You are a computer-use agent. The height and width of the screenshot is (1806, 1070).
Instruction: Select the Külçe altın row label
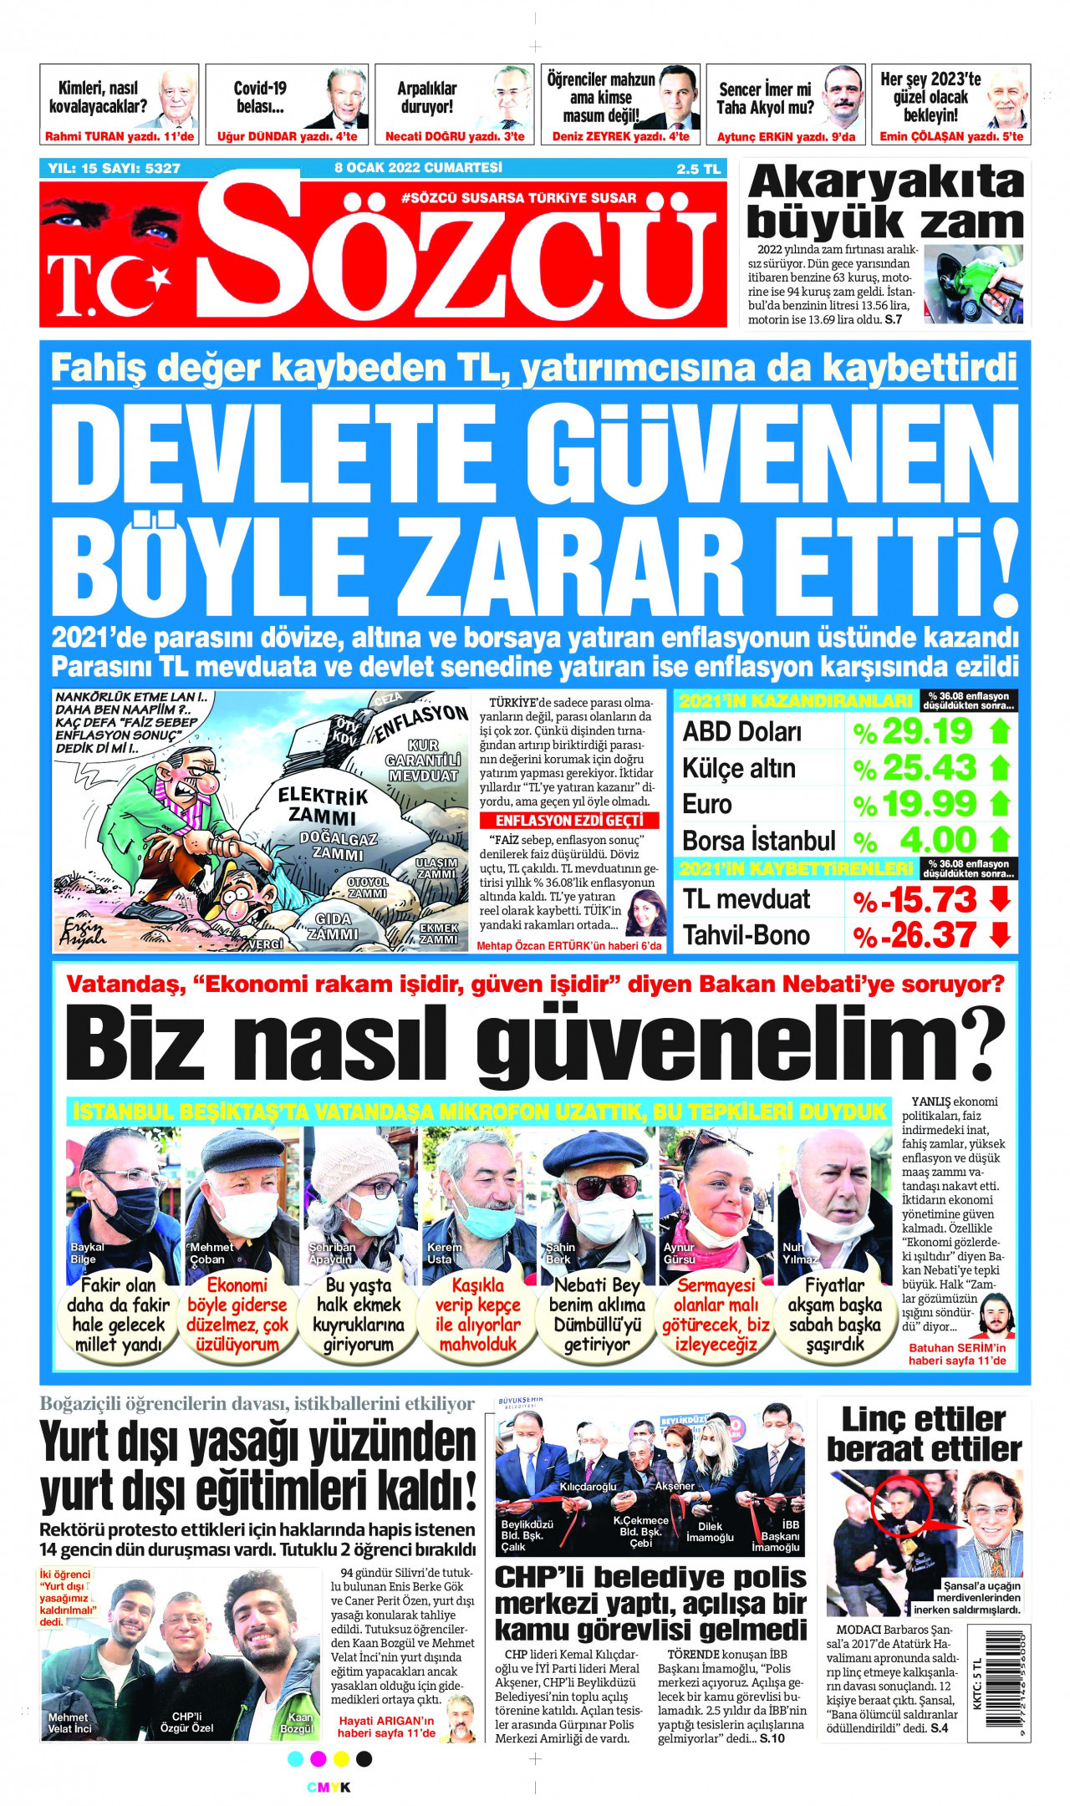[738, 768]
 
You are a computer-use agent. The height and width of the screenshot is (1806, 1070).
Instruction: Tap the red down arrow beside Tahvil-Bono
[1000, 934]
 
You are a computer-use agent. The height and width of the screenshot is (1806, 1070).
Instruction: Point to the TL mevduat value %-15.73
[915, 899]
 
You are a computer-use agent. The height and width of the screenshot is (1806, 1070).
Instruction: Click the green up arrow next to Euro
[1000, 804]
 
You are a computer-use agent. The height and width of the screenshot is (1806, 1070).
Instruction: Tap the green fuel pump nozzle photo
[974, 285]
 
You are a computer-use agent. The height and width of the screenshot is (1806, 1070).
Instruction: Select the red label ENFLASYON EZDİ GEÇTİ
[568, 821]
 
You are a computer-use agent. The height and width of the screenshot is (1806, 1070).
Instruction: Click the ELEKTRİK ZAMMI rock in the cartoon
[323, 806]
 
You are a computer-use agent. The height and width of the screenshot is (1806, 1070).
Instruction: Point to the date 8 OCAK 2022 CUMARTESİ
[418, 168]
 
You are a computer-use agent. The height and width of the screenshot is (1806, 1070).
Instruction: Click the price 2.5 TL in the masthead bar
[698, 169]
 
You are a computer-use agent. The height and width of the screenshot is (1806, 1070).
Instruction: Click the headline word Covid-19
[260, 88]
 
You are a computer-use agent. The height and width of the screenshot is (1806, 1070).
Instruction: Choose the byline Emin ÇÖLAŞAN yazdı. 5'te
[950, 136]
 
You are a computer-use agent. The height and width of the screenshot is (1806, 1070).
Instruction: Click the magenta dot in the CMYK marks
[318, 1759]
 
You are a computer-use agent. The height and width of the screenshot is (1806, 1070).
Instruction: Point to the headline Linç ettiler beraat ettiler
[924, 1433]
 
